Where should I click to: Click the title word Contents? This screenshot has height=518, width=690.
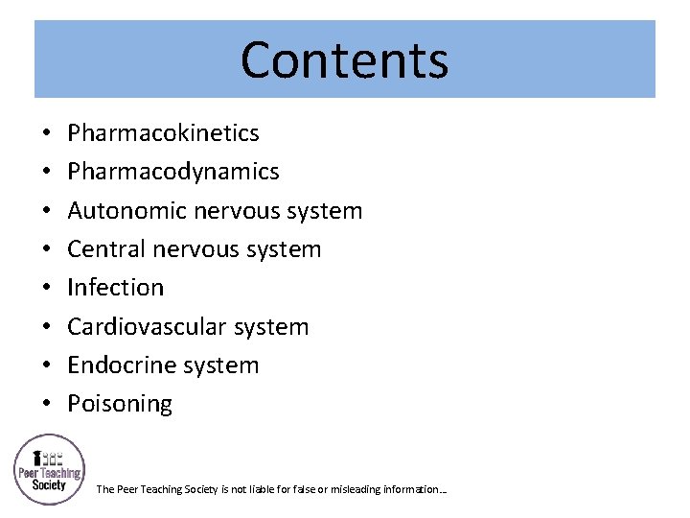click(344, 59)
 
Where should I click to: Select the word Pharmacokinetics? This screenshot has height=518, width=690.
click(163, 133)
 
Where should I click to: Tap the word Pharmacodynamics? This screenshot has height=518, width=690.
click(172, 172)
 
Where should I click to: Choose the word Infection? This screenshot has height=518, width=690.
click(115, 287)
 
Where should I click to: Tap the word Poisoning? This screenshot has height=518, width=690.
click(119, 404)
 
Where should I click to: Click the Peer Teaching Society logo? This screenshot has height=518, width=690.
click(49, 470)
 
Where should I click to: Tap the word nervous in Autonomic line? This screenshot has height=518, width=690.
click(240, 211)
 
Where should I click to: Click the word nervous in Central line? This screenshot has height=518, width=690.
click(198, 249)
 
